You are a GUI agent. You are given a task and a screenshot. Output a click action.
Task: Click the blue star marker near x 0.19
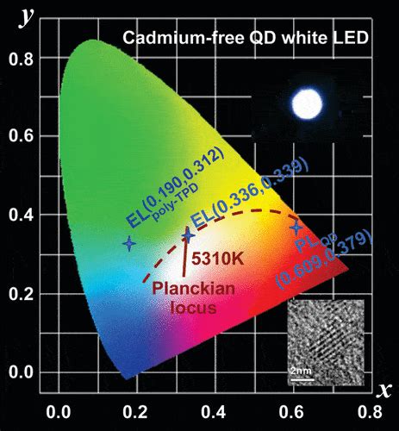pyautogui.click(x=129, y=244)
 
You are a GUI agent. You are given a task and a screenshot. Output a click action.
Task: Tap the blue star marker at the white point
pyautogui.click(x=189, y=236)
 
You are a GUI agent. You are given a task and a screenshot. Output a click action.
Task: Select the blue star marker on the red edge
pyautogui.click(x=296, y=228)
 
